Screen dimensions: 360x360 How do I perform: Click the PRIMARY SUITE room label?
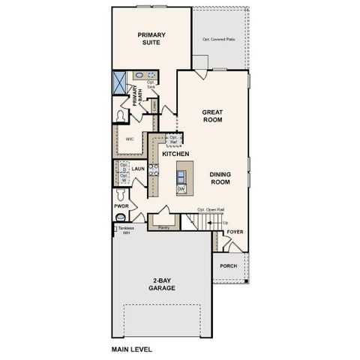151,38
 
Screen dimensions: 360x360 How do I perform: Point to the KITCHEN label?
175,154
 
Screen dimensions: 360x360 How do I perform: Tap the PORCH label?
228,266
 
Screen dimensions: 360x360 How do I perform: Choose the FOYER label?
235,232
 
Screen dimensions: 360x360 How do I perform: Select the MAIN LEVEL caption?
133,349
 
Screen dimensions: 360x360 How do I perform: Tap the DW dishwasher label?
181,189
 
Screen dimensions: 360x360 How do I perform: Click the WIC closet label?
130,139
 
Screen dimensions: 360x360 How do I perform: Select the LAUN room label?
137,169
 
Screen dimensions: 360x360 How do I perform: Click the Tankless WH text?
124,229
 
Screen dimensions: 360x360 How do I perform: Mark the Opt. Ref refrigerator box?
173,139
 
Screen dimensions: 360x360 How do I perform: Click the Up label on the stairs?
225,223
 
